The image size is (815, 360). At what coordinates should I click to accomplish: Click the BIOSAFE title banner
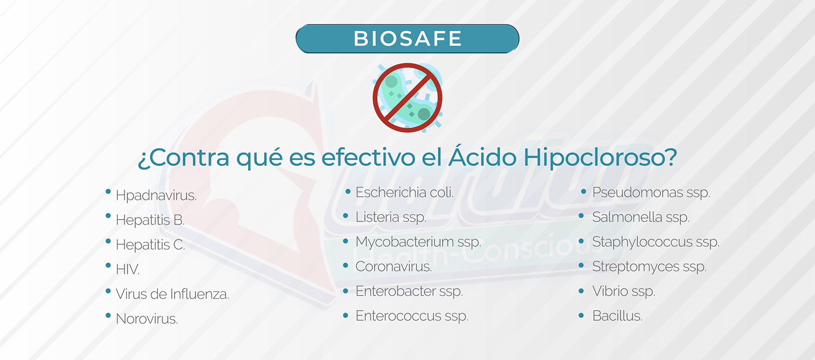pyautogui.click(x=407, y=38)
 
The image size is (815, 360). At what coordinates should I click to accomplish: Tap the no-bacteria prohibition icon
pyautogui.click(x=407, y=98)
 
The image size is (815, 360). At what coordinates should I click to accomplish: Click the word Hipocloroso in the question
pyautogui.click(x=600, y=158)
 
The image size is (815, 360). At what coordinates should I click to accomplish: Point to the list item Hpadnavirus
pyautogui.click(x=156, y=196)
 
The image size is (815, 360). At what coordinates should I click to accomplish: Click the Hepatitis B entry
pyautogui.click(x=150, y=220)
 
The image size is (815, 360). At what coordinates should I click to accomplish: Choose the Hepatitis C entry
pyautogui.click(x=150, y=244)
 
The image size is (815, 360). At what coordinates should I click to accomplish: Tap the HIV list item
pyautogui.click(x=128, y=269)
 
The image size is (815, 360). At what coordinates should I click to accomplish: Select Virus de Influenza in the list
pyautogui.click(x=172, y=294)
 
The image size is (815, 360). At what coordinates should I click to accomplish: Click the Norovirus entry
pyautogui.click(x=147, y=319)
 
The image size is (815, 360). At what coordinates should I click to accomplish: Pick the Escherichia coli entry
pyautogui.click(x=404, y=192)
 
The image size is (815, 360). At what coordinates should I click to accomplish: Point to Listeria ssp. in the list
pyautogui.click(x=391, y=217)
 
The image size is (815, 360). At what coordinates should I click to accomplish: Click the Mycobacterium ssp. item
pyautogui.click(x=418, y=242)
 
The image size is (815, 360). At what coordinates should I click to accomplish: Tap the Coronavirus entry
pyautogui.click(x=394, y=267)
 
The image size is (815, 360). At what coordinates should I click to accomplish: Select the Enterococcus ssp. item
pyautogui.click(x=412, y=316)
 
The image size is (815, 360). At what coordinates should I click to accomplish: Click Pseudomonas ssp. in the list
pyautogui.click(x=651, y=193)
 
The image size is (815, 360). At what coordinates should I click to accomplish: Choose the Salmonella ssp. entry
pyautogui.click(x=641, y=217)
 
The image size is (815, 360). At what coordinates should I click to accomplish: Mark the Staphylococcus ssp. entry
pyautogui.click(x=656, y=242)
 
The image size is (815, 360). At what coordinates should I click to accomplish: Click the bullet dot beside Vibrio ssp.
pyautogui.click(x=581, y=291)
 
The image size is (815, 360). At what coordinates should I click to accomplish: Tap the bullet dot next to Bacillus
pyautogui.click(x=581, y=315)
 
